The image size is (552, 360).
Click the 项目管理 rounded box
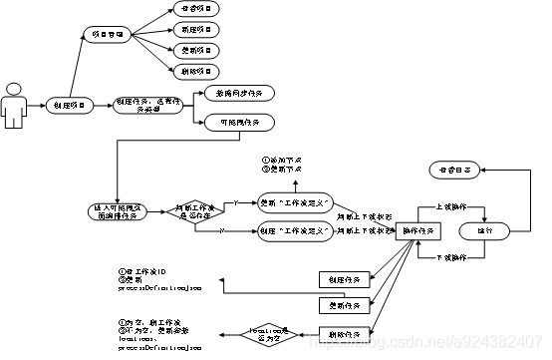point(107,34)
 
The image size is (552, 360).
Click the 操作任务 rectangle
point(418,229)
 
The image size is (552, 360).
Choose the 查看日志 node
point(454,171)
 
